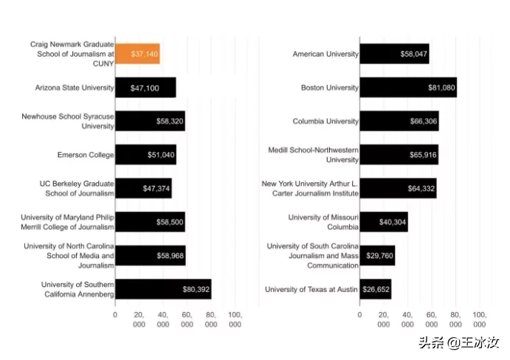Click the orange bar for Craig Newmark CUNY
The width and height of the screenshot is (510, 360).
pos(137,54)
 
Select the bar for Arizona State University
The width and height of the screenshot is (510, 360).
pos(145,88)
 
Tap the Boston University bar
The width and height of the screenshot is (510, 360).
pos(408,88)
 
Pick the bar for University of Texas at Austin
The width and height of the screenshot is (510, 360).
pos(375,289)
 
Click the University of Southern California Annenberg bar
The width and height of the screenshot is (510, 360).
pos(163,289)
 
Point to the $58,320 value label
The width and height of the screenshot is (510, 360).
pos(170,121)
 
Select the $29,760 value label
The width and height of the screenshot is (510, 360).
pos(377,256)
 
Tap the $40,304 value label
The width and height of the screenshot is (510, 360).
pos(392,222)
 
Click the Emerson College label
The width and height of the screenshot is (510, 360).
pos(86,155)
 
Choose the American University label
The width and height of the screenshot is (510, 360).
pos(325,54)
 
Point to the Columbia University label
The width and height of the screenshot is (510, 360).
pos(325,121)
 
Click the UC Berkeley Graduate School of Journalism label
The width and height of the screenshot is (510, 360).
pos(77,188)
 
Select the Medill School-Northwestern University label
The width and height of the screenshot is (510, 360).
pos(313,155)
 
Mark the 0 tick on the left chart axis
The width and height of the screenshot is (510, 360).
pos(115,314)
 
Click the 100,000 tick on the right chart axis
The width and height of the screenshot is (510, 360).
pos(479,319)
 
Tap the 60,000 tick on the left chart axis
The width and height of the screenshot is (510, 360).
pos(187,319)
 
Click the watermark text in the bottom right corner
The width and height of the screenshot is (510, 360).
pos(459,343)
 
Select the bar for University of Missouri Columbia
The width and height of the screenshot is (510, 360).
pos(384,222)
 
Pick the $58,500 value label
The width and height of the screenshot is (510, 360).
pos(170,222)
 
